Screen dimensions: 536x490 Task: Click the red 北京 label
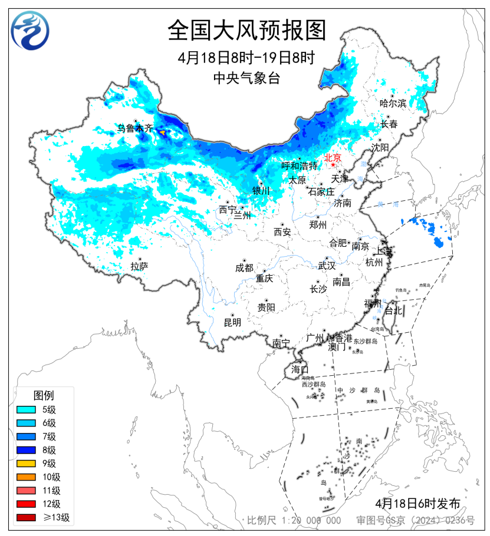333,157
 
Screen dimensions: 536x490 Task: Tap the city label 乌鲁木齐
134,128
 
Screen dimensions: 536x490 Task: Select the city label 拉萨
140,266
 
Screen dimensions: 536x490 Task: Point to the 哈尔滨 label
393,103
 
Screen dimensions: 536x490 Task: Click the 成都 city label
244,268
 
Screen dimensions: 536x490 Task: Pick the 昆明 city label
232,322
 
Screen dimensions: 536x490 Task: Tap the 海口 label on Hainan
300,369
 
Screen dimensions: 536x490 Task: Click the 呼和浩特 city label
299,166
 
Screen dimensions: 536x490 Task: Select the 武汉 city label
327,266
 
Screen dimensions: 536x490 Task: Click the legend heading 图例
43,394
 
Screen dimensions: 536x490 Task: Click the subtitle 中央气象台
246,77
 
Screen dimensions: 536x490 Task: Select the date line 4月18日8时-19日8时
246,58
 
